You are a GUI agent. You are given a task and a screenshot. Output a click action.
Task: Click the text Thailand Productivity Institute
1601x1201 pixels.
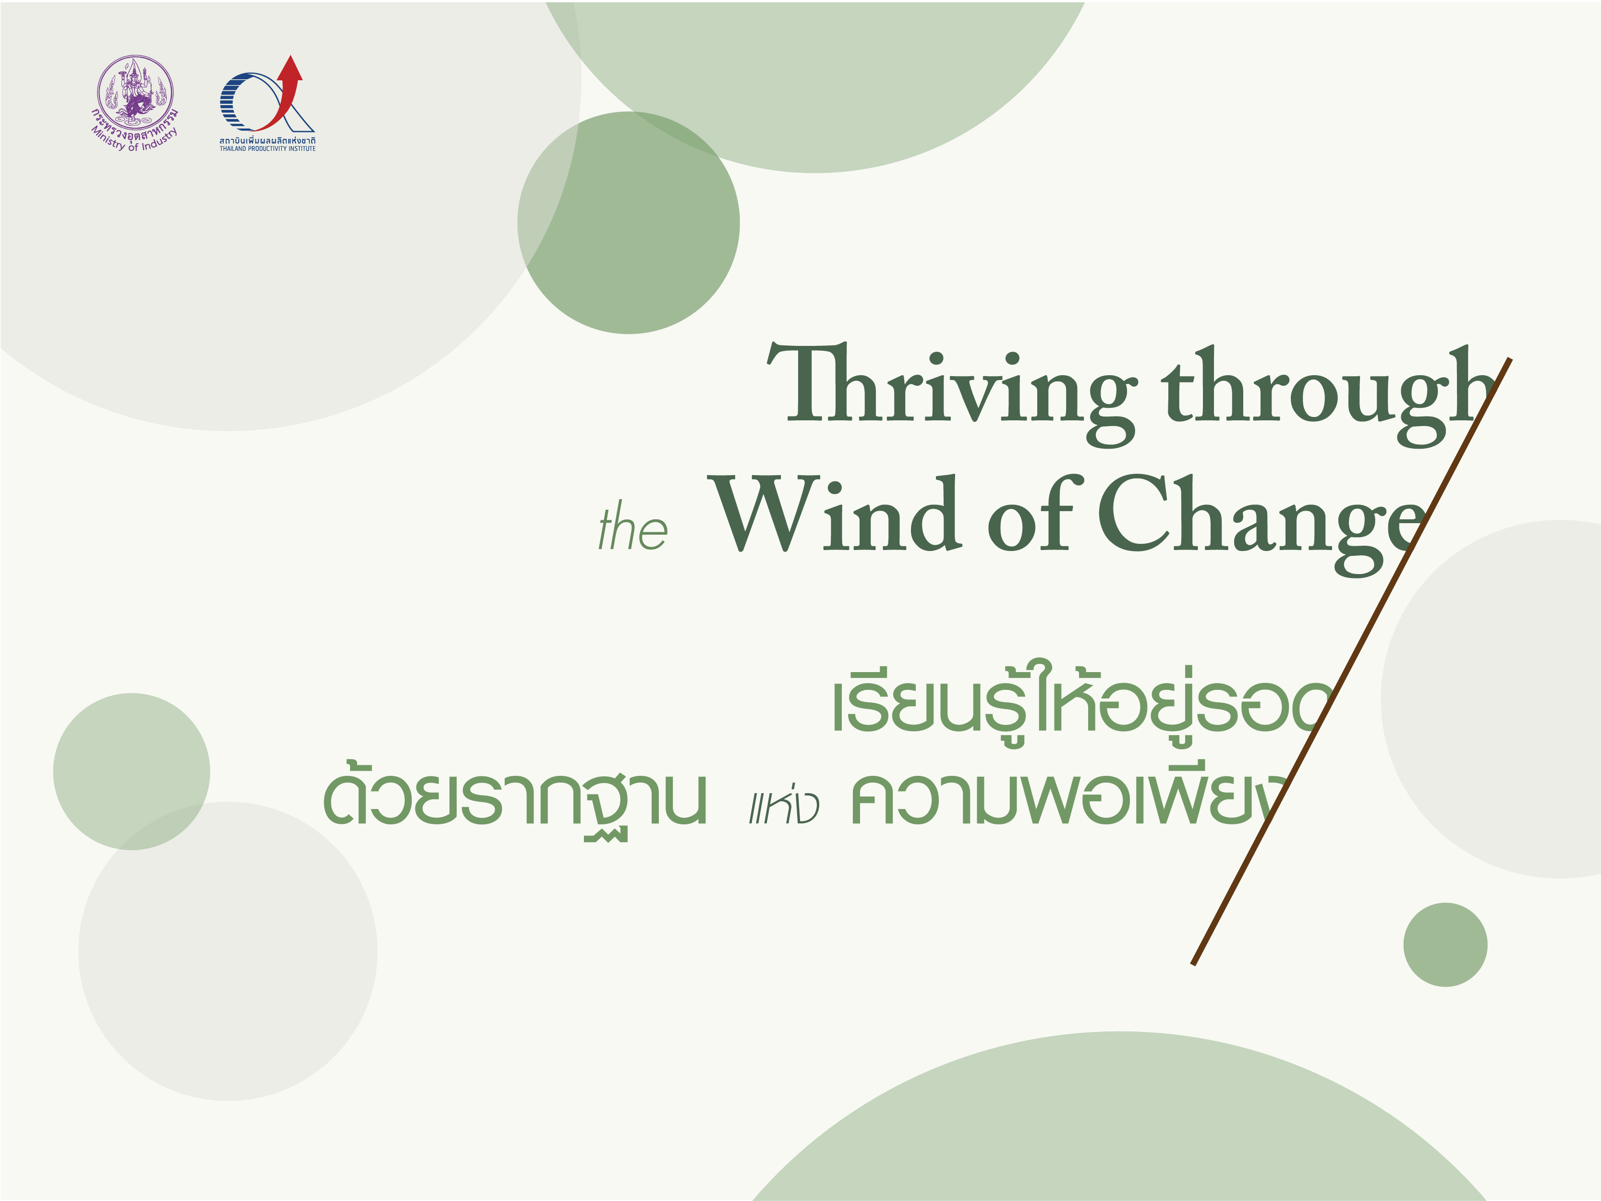[x=268, y=148]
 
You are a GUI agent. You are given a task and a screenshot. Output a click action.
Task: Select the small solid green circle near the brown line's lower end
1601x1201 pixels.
[x=1445, y=945]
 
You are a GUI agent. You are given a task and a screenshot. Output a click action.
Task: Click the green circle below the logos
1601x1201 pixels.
[x=628, y=223]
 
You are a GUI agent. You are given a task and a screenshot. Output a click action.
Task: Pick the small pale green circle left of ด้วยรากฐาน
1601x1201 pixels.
[x=132, y=772]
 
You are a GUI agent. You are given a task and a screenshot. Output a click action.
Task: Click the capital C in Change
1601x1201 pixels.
[x=1133, y=513]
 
